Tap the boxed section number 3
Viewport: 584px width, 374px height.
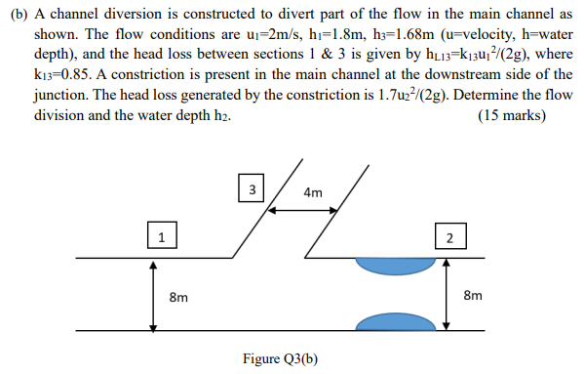point(252,188)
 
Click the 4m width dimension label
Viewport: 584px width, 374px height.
point(313,192)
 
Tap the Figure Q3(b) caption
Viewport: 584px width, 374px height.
point(282,359)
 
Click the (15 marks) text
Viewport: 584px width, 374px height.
point(513,115)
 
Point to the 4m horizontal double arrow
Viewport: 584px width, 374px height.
point(312,208)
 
